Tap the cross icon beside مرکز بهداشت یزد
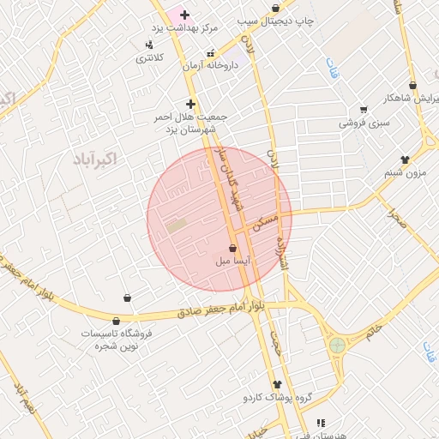click(x=184, y=15)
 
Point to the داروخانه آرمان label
click(x=209, y=66)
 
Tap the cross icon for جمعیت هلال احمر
click(x=190, y=104)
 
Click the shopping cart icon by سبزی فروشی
click(x=364, y=109)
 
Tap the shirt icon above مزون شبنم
click(x=405, y=159)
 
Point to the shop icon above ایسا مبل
click(x=233, y=248)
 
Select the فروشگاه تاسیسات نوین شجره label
click(x=117, y=339)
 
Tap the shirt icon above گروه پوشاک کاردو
click(x=277, y=385)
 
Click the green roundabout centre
click(x=337, y=346)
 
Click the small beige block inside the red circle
click(x=177, y=226)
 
